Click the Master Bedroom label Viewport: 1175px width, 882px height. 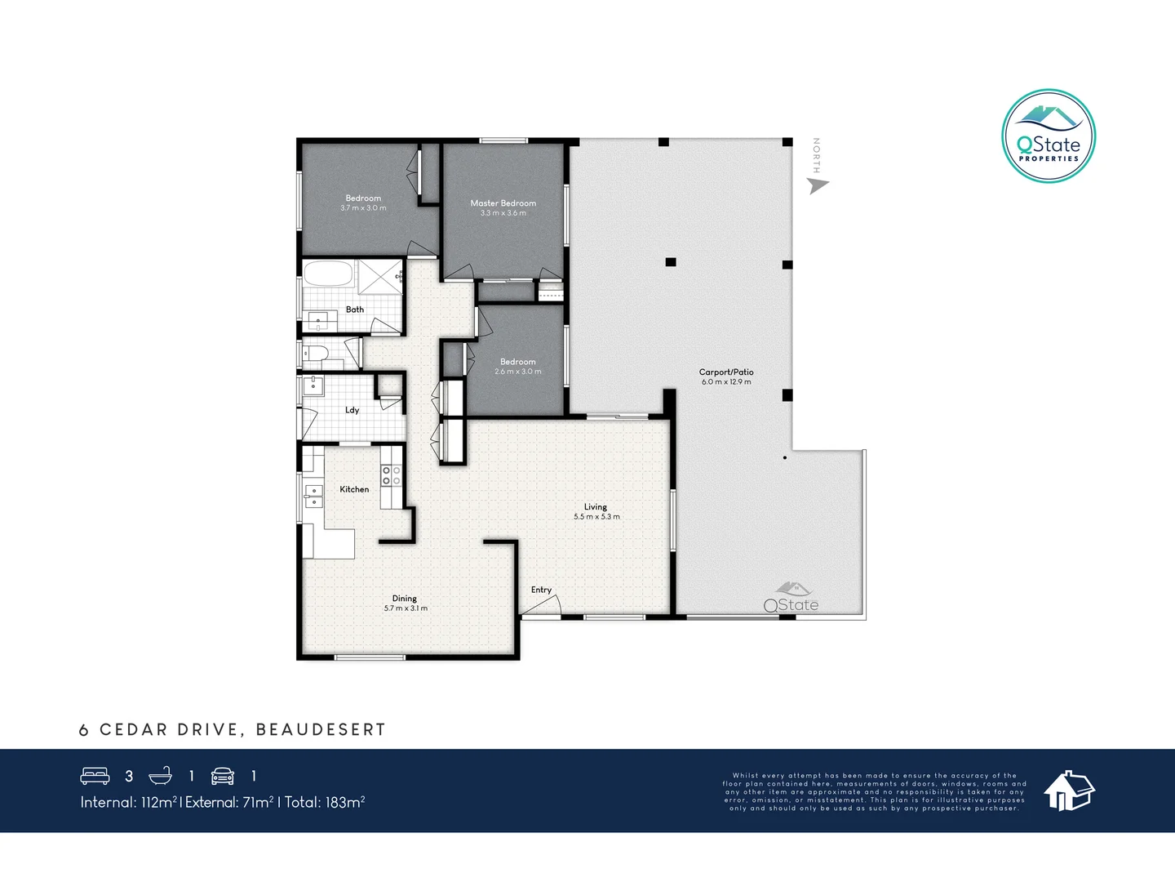click(503, 203)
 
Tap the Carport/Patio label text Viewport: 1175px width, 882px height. click(726, 372)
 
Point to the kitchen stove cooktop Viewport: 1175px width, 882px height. click(391, 475)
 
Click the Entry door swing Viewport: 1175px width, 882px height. click(543, 605)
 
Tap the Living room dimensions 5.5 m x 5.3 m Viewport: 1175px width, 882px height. click(596, 517)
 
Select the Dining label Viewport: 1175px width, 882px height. click(405, 599)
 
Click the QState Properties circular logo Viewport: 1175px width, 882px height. click(1049, 136)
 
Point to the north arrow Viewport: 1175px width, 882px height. click(817, 185)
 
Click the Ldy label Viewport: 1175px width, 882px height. click(352, 410)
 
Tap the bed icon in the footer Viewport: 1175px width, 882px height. click(95, 776)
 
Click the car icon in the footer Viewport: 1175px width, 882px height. click(223, 776)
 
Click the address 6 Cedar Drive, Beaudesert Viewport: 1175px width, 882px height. click(233, 730)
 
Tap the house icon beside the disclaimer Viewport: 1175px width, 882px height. click(1069, 791)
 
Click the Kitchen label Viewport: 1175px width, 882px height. click(354, 489)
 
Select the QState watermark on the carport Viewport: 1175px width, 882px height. click(791, 599)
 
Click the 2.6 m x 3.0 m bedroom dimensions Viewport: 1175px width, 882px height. click(517, 372)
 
